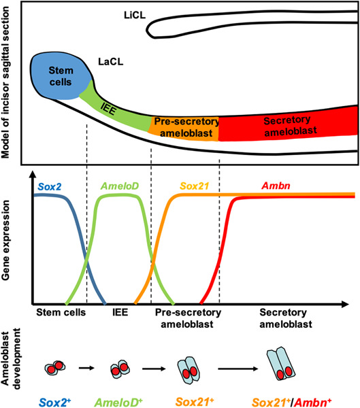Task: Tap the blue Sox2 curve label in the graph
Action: click(x=49, y=186)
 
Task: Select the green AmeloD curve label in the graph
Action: click(x=120, y=186)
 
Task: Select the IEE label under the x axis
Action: click(x=119, y=313)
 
